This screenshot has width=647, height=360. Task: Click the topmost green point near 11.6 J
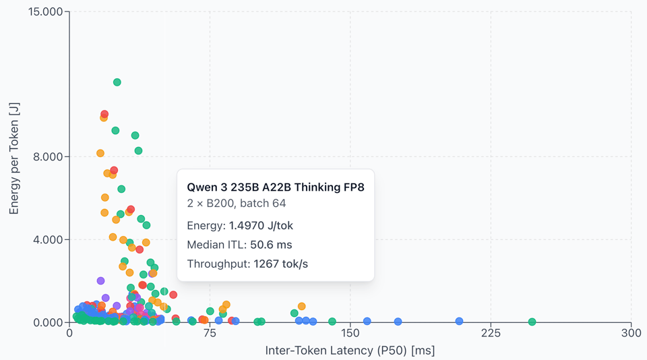point(117,82)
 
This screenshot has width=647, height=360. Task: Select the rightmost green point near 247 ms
point(532,322)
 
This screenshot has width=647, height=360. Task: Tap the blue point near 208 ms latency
point(459,322)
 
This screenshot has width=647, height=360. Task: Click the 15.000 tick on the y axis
point(46,12)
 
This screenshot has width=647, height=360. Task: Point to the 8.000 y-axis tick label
point(49,156)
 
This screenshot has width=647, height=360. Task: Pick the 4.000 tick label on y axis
point(49,239)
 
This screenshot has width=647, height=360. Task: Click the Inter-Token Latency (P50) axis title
point(350,351)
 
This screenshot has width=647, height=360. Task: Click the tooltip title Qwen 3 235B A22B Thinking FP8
point(275,187)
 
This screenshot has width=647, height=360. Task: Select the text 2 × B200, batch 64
point(236,204)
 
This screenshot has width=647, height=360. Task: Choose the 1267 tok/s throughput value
point(280,264)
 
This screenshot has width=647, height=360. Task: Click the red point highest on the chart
point(104,115)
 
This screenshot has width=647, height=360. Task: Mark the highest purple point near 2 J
point(100,281)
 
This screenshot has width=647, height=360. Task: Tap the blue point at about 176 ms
point(398,322)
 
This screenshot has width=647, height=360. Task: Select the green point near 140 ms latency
point(332,322)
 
